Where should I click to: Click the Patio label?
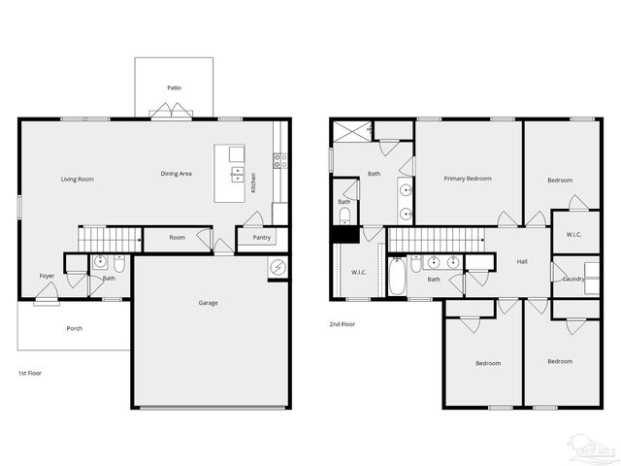pos(174,87)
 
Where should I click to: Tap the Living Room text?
pos(77,179)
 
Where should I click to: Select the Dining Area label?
pos(176,174)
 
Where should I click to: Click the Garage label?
pos(208,303)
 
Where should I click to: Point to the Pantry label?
pos(261,238)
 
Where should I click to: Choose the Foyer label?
pos(47,276)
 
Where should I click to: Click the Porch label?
pos(74,328)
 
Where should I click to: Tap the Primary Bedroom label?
pos(468,179)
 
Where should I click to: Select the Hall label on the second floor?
pos(522,261)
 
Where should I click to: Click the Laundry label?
pos(573,280)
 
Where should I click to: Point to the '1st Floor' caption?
pos(30,373)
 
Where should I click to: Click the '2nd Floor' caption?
pos(343,324)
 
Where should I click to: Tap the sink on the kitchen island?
pos(236,174)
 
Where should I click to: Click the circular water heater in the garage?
pos(278,267)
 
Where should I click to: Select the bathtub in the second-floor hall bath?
pos(397,276)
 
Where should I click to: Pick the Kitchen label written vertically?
pos(254,182)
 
